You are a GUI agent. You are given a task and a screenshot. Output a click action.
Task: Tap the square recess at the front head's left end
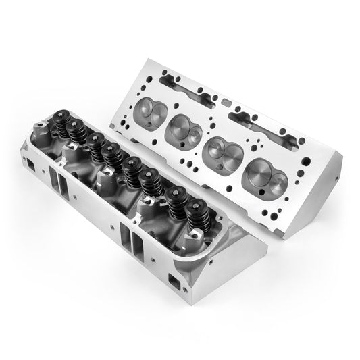[31, 163]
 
